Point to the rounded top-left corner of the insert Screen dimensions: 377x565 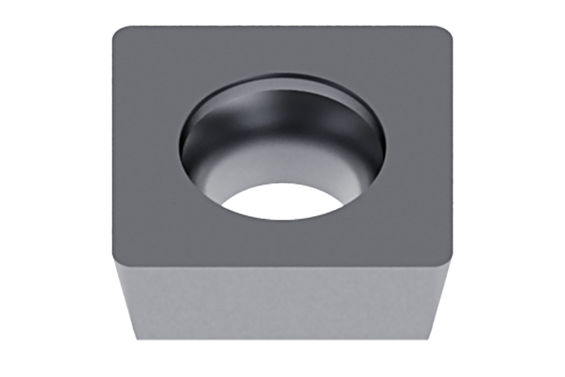click(118, 33)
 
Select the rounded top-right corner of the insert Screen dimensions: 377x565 click(447, 33)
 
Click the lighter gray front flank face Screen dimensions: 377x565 click(282, 299)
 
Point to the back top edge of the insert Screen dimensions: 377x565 click(282, 27)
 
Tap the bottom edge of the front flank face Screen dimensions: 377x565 click(282, 340)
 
